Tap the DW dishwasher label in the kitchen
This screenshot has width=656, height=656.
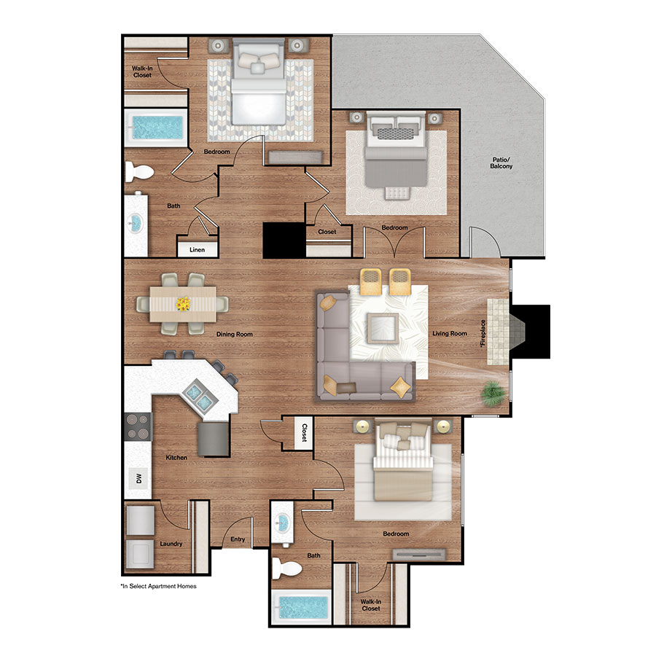(136, 478)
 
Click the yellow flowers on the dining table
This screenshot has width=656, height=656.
(184, 302)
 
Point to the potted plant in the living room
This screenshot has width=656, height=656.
(492, 394)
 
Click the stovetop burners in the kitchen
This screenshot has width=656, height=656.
(136, 426)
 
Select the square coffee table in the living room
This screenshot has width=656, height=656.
(383, 328)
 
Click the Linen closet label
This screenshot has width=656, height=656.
(197, 250)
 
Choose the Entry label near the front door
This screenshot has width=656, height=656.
(238, 540)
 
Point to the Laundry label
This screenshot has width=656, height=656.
(171, 544)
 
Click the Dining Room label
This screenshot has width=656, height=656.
(234, 334)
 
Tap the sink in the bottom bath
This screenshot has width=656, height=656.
(284, 523)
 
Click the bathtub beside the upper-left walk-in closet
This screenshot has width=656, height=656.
(155, 128)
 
